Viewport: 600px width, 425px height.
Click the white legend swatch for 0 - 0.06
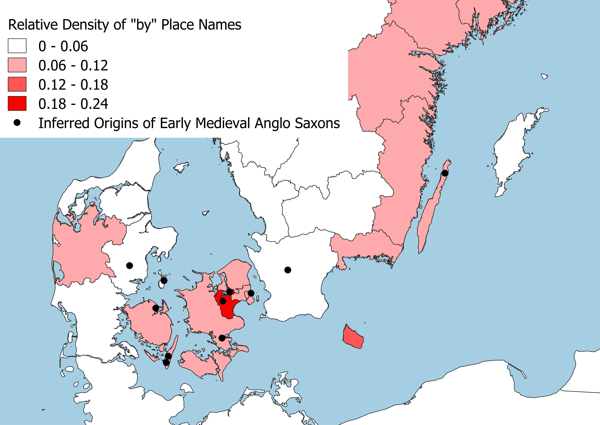(17, 46)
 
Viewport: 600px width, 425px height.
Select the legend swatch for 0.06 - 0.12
(17, 65)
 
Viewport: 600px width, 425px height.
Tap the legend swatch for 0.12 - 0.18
(17, 84)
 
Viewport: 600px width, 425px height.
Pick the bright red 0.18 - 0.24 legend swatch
(17, 104)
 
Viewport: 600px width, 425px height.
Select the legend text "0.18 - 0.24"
(73, 104)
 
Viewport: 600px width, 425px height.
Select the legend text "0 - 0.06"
(63, 46)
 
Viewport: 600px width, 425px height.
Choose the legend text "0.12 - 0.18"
(73, 84)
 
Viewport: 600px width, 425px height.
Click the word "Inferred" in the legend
(64, 123)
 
